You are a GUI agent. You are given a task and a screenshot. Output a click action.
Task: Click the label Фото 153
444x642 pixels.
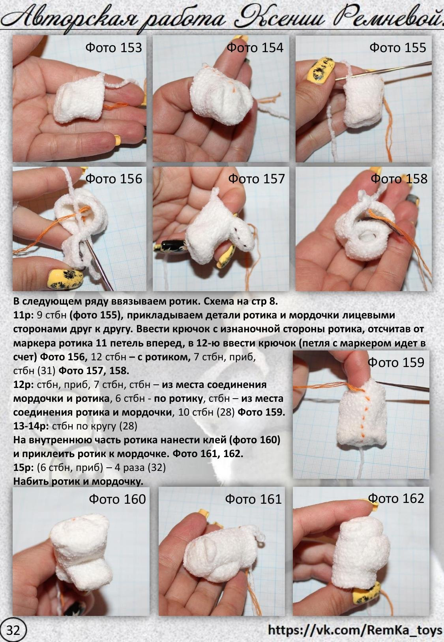(x=114, y=47)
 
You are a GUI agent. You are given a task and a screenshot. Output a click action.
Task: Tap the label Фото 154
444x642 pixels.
(x=255, y=47)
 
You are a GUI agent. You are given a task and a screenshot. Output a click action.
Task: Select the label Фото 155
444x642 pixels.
(x=397, y=47)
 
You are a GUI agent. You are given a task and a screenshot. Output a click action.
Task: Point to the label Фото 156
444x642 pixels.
(x=114, y=179)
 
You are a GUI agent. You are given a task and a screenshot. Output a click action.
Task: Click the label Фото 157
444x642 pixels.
(x=257, y=179)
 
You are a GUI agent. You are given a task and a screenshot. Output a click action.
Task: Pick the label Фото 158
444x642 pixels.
(x=399, y=179)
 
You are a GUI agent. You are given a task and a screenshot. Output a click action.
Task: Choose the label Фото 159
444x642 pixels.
(x=396, y=363)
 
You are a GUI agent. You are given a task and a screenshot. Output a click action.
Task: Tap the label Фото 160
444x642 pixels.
(x=117, y=499)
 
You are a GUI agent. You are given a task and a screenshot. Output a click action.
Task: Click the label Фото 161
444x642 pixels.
(x=253, y=499)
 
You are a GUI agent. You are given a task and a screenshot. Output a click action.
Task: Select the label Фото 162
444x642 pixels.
(x=396, y=499)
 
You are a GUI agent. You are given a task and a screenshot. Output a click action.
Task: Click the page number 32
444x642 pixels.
(x=13, y=631)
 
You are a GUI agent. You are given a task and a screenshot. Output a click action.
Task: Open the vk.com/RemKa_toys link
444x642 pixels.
(x=355, y=630)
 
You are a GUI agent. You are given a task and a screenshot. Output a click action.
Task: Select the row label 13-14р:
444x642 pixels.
(x=31, y=426)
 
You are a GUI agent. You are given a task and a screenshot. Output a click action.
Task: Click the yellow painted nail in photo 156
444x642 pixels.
(x=66, y=277)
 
